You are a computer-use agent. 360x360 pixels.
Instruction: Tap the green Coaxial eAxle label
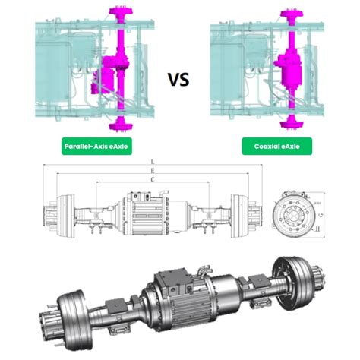tap(271, 147)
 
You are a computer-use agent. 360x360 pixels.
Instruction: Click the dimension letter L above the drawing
tap(153, 163)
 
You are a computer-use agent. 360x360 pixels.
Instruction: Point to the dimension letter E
tap(153, 172)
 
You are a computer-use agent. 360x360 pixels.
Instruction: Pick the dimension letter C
tap(153, 180)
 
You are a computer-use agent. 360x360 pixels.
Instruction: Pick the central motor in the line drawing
tap(144, 213)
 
